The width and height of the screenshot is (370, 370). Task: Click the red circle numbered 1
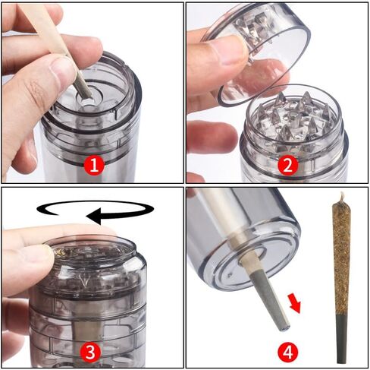(94, 166)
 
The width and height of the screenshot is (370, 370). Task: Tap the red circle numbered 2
(287, 165)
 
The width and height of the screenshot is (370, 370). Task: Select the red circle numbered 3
(90, 352)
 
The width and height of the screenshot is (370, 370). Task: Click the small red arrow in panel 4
(295, 303)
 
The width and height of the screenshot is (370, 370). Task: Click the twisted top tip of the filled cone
(342, 196)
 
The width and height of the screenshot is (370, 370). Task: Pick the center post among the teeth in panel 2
(293, 119)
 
